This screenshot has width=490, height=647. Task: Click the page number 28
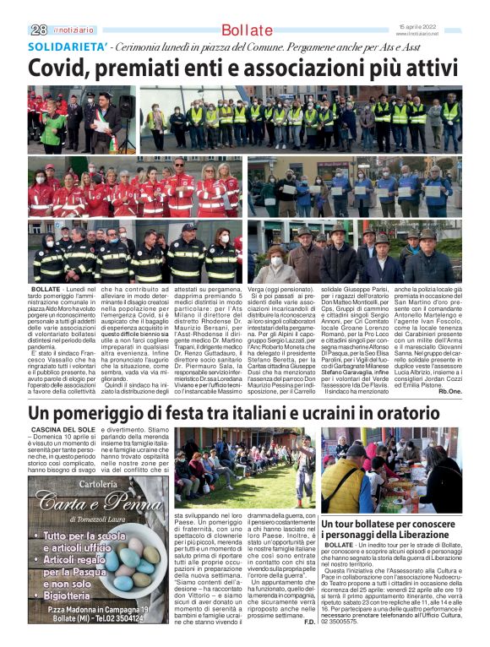coord(38,30)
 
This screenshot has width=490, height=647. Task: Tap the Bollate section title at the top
coord(247,30)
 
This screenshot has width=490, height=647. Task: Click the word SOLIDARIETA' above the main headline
coord(68,47)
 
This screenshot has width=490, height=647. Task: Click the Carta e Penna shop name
coord(88,504)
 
